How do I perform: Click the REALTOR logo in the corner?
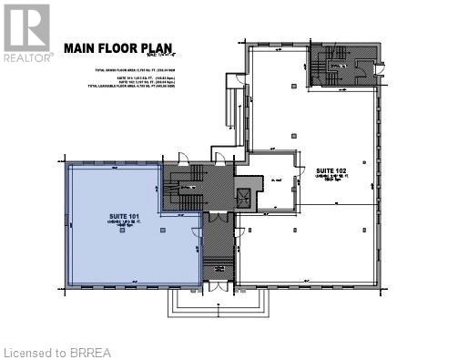click(26, 31)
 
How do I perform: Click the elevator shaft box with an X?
click(243, 198)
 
